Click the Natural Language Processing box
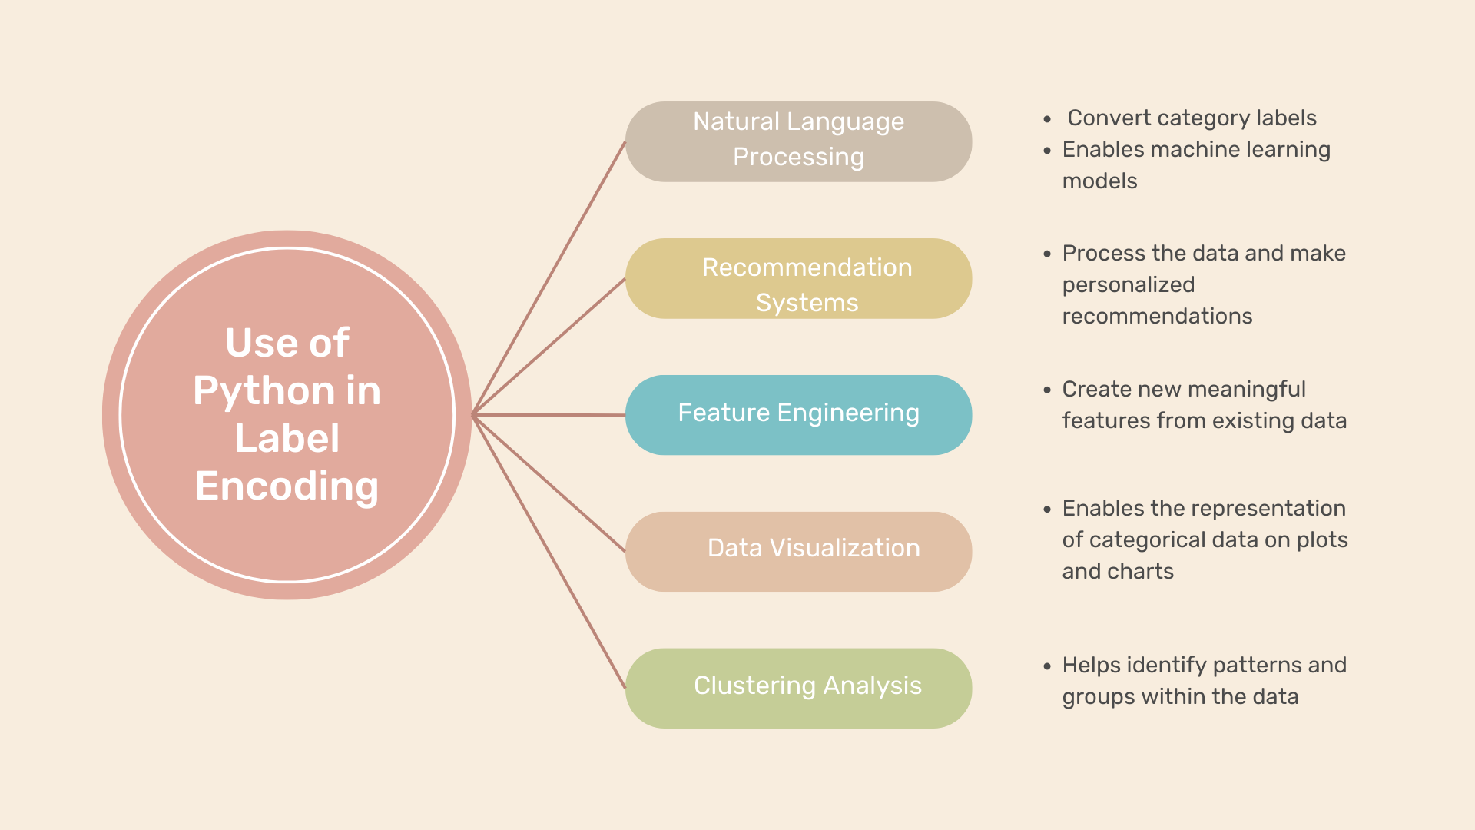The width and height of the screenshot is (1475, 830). coord(799,141)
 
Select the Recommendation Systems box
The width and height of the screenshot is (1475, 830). coord(799,278)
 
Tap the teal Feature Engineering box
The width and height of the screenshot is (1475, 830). coord(799,415)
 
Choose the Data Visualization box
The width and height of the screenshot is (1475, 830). coord(799,552)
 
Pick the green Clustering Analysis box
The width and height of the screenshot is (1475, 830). coord(799,689)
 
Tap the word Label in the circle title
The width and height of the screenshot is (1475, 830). coord(287,438)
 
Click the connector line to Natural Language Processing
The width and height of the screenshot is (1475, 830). coord(549,278)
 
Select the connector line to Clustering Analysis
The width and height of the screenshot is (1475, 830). coord(549,552)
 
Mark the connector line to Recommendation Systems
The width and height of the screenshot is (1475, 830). coord(549,347)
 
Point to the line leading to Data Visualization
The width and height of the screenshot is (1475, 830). coord(549,483)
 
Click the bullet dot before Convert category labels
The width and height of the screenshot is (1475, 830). coord(1047,119)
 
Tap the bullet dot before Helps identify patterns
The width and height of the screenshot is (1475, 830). coord(1047,666)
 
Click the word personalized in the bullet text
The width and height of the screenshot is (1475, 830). coord(1129,285)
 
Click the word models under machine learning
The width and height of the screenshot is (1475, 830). coord(1099,181)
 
